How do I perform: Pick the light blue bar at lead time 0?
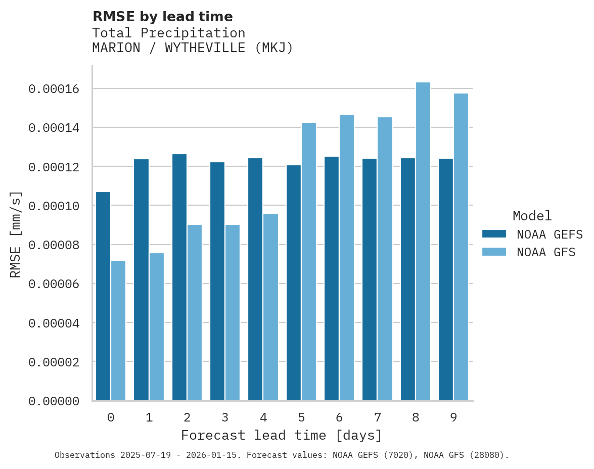(118, 331)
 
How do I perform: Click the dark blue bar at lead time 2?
(179, 277)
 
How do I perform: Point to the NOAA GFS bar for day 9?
(461, 247)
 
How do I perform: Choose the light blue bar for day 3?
(233, 313)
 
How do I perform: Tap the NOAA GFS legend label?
(546, 252)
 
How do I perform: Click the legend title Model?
(532, 216)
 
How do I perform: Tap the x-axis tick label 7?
(377, 417)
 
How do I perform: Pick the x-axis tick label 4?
(263, 417)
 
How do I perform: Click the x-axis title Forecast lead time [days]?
(282, 435)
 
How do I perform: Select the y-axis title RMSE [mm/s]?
(16, 233)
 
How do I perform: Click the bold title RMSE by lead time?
(163, 17)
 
